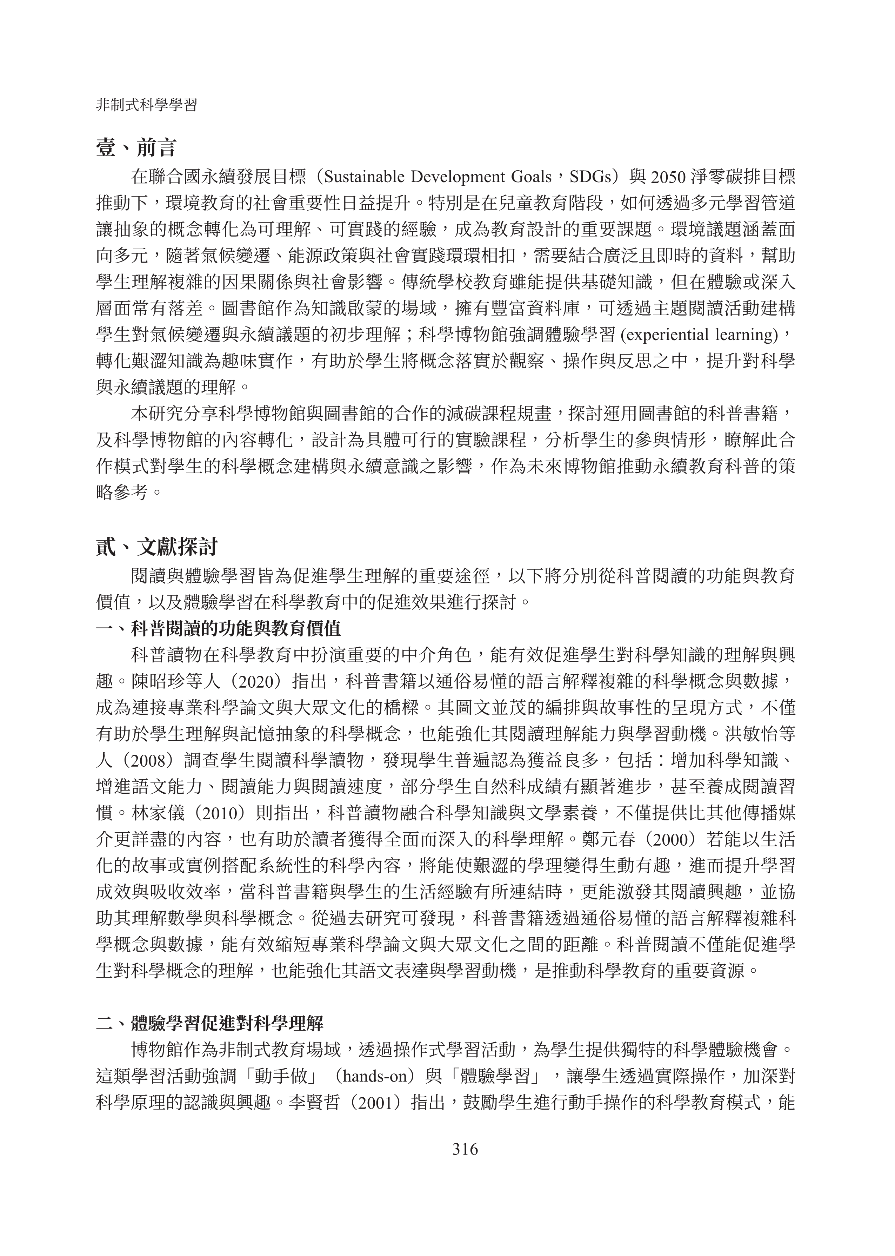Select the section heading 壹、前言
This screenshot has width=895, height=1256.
coord(135,148)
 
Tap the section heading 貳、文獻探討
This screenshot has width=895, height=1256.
coord(156,547)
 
